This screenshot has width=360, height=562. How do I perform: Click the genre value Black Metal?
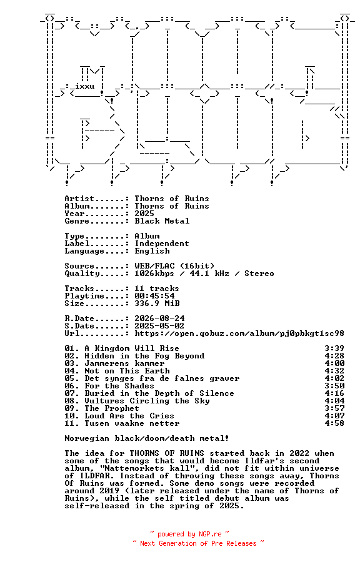click(x=162, y=221)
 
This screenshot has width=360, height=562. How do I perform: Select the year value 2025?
click(x=144, y=214)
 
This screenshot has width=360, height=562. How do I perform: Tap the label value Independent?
click(x=162, y=244)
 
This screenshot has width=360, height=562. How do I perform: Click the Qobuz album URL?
click(x=239, y=333)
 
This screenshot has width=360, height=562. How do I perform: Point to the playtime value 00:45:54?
click(x=154, y=296)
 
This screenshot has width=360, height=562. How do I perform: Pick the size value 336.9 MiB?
click(x=157, y=303)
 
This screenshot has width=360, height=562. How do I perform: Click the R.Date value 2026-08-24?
click(x=159, y=318)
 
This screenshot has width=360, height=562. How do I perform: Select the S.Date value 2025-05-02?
click(x=159, y=326)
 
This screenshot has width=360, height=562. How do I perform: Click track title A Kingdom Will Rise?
click(x=132, y=348)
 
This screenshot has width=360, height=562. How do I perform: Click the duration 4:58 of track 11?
click(x=334, y=423)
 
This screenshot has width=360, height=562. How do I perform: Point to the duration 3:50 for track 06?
click(x=334, y=386)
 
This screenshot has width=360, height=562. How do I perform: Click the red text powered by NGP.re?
click(x=189, y=535)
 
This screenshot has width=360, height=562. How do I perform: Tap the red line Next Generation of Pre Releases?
click(x=198, y=543)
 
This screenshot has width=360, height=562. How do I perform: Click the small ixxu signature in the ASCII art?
click(x=84, y=86)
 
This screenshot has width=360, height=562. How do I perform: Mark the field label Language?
click(x=84, y=251)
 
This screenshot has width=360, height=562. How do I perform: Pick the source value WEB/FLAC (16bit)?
click(x=174, y=266)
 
